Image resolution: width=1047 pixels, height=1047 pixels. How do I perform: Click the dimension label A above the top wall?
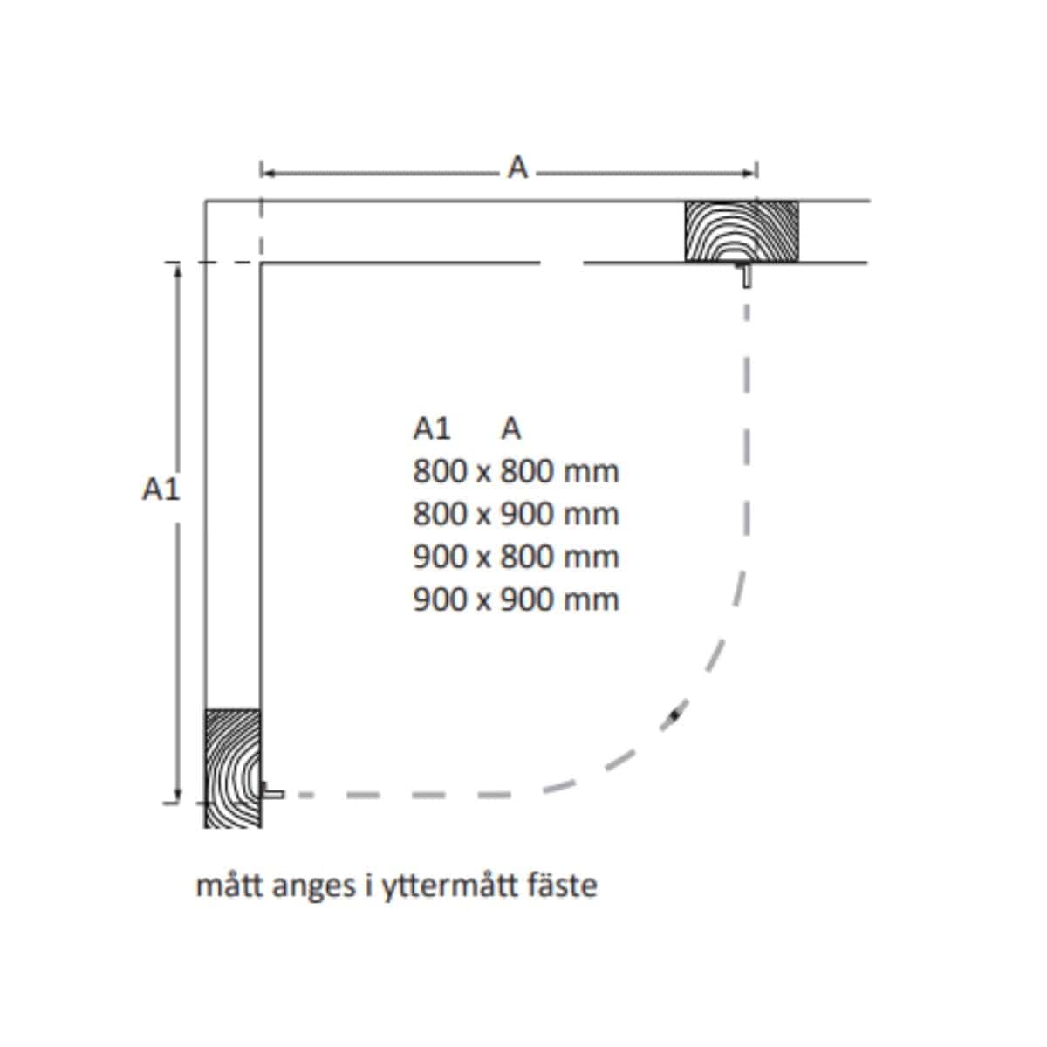tap(517, 168)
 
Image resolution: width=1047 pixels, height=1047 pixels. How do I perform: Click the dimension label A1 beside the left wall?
tap(161, 489)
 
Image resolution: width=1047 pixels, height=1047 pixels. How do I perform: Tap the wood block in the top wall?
tap(741, 231)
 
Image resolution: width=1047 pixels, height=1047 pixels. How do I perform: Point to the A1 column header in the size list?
tap(432, 428)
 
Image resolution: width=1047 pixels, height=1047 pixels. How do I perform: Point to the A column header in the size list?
tap(510, 428)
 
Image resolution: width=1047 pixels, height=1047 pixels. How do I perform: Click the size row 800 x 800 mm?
tap(516, 471)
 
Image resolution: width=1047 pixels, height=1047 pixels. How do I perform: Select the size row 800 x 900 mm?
tap(516, 514)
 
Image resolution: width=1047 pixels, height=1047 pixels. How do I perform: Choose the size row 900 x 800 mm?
tap(516, 557)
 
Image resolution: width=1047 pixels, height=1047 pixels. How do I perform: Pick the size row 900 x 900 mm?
tap(516, 599)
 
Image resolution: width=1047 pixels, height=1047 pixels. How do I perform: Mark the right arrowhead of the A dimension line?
tap(749, 173)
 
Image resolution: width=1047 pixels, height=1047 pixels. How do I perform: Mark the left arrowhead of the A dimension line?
tap(270, 173)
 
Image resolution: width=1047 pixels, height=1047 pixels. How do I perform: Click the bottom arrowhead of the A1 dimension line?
tap(178, 794)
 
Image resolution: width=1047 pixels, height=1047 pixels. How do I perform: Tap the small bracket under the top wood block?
tap(747, 275)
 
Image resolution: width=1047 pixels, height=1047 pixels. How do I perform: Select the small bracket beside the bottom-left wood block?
tap(271, 791)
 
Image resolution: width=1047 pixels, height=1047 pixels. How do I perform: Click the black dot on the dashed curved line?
tap(675, 715)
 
